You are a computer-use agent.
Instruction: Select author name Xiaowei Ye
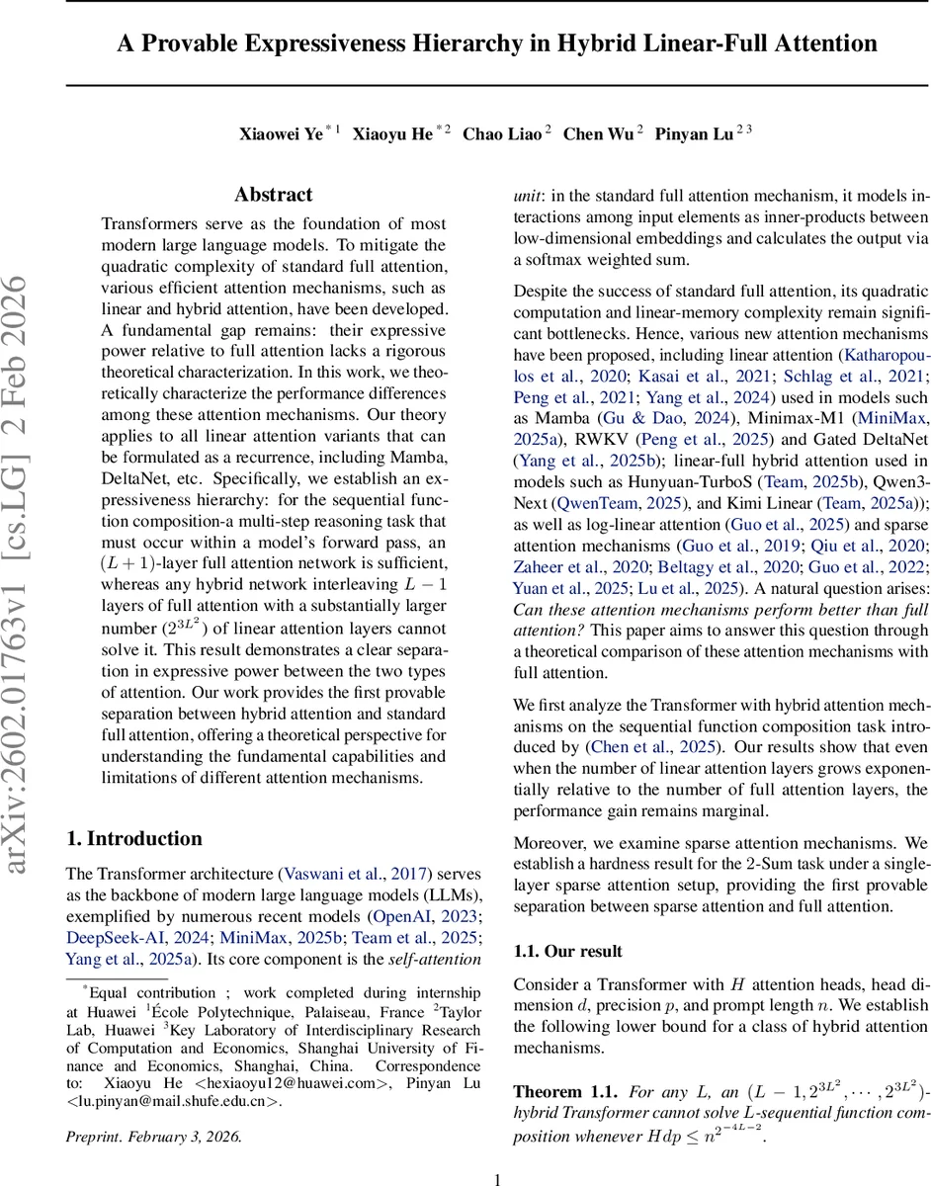pyautogui.click(x=281, y=134)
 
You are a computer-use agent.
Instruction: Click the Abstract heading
pyautogui.click(x=273, y=195)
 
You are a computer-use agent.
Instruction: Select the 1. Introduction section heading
pyautogui.click(x=133, y=838)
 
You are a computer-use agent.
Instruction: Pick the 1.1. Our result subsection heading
pyautogui.click(x=568, y=951)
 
